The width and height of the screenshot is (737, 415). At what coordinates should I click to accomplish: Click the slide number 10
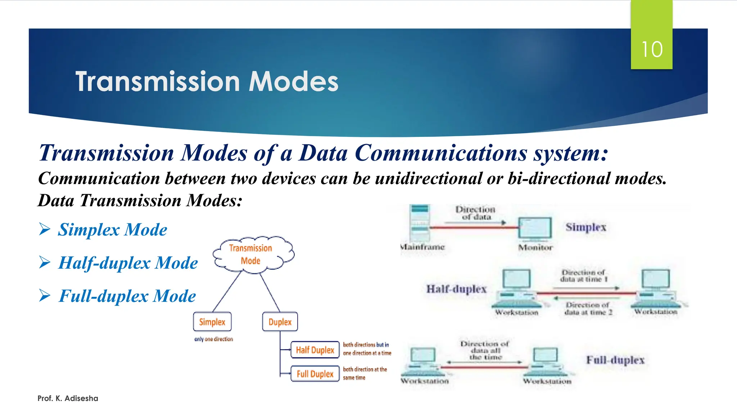(x=652, y=49)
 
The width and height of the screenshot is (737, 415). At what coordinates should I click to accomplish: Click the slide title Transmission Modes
(x=207, y=81)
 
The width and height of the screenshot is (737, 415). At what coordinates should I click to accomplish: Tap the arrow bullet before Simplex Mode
(x=45, y=229)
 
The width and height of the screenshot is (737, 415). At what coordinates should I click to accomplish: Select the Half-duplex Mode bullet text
(x=128, y=263)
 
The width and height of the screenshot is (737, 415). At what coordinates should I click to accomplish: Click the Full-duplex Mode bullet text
(x=127, y=296)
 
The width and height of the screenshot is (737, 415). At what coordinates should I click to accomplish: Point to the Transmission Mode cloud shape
(x=253, y=254)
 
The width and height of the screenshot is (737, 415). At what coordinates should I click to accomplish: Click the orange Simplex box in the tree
(x=212, y=322)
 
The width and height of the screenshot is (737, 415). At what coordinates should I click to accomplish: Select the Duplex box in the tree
(x=280, y=322)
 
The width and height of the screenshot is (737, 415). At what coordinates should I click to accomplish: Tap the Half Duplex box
(x=315, y=350)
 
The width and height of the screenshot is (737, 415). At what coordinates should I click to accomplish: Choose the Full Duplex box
(x=315, y=374)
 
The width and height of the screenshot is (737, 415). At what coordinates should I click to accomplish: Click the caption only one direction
(x=213, y=339)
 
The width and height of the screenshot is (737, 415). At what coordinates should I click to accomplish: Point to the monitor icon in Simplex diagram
(x=535, y=228)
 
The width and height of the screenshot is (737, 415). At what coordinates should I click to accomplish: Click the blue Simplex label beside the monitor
(x=586, y=227)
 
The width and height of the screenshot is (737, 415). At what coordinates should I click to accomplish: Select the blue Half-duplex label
(x=456, y=289)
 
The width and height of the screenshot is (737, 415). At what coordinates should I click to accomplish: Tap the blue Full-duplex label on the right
(x=615, y=360)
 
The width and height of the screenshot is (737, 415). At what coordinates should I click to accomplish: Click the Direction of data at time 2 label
(x=588, y=309)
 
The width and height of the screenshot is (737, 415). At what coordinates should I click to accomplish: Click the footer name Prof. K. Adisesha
(x=68, y=398)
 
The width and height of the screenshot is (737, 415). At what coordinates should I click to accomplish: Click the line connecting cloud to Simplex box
(x=227, y=292)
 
